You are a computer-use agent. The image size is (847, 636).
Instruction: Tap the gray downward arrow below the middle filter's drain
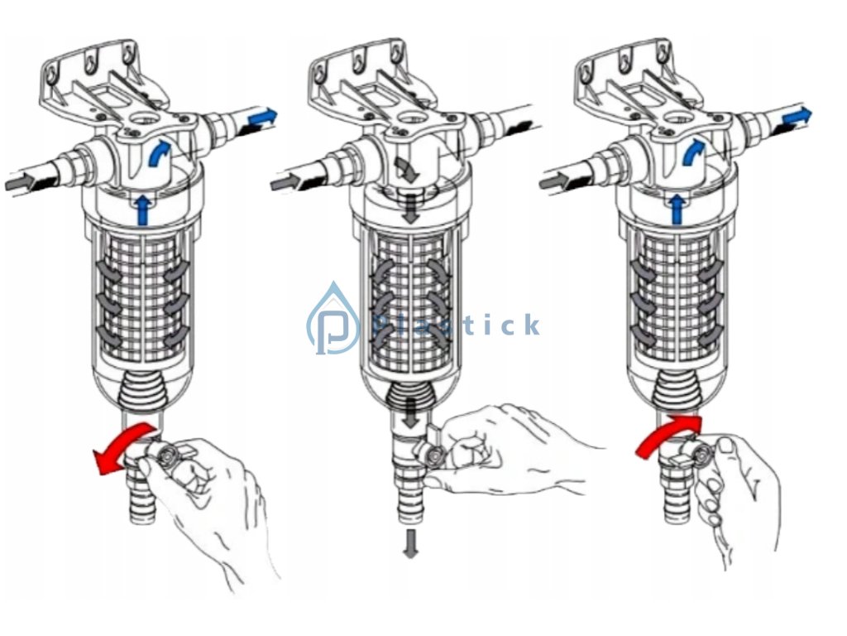point(411,543)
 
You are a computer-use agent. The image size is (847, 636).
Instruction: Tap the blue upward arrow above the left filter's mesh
point(142,210)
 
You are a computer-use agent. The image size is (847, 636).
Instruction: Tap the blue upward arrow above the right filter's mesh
point(676,210)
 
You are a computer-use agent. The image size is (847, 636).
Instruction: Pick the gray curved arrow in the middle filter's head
point(406,169)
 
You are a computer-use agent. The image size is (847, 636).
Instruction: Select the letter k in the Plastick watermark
point(532,325)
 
